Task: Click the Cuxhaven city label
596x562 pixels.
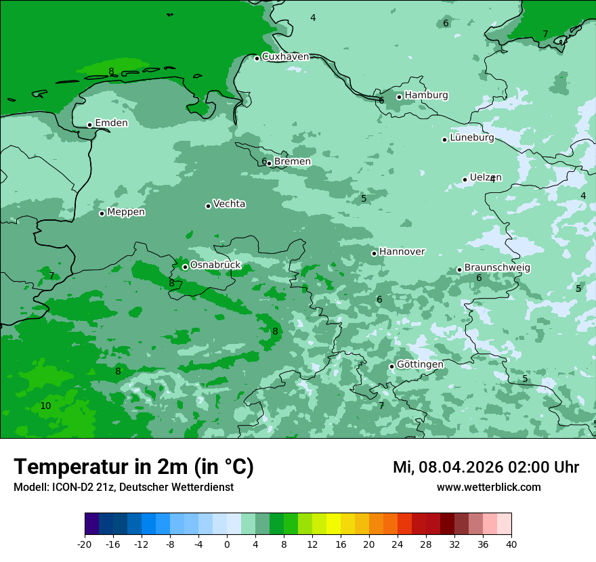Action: tap(285, 57)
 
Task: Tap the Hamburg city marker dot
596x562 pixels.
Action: tap(400, 97)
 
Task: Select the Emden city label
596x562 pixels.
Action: tap(111, 123)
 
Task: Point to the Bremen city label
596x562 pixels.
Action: tap(292, 162)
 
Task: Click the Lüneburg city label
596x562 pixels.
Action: tap(472, 138)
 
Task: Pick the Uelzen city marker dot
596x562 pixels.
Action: tap(465, 179)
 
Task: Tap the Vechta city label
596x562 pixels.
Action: tap(229, 204)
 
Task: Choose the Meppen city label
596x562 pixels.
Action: tap(126, 212)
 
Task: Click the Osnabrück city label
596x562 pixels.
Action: tap(215, 265)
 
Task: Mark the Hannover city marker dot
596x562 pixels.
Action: tap(374, 253)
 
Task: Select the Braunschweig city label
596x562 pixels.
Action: tap(497, 268)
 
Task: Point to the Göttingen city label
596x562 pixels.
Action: tap(420, 364)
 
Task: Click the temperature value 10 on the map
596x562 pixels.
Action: tap(45, 406)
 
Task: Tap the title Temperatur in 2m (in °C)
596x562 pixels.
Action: tap(133, 467)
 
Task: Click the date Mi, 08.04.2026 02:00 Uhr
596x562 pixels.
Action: tap(486, 467)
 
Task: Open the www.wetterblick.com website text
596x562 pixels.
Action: tap(488, 487)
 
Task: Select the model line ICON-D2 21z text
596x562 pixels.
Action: tap(123, 487)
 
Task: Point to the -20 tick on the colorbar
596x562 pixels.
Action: tap(85, 544)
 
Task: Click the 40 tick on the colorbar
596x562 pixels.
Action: tap(511, 544)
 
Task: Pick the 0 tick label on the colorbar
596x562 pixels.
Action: tap(227, 544)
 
